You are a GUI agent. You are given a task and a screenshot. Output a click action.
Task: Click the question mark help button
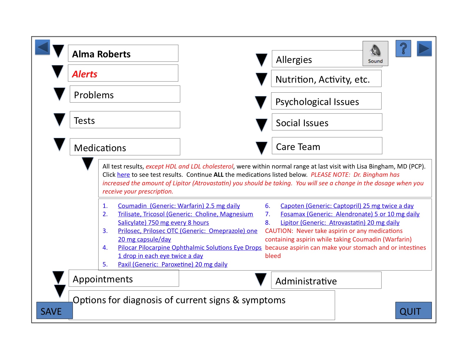(403, 49)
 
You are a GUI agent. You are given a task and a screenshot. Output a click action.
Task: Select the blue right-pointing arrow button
(424, 49)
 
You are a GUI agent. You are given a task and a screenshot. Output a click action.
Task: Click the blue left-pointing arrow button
(42, 47)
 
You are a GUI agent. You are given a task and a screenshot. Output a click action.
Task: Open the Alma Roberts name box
(123, 54)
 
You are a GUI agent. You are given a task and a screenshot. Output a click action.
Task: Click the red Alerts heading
(85, 74)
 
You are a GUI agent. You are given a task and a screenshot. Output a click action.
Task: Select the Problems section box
(125, 94)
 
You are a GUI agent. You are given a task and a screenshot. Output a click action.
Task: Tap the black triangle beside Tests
(59, 119)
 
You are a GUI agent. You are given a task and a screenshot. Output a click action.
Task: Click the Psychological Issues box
(326, 101)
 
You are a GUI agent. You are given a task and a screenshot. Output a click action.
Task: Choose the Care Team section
(327, 146)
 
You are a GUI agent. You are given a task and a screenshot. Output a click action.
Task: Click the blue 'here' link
(123, 175)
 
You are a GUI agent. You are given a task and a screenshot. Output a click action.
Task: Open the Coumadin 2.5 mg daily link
(179, 206)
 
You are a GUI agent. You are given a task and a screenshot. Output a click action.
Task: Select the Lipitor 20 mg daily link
(340, 223)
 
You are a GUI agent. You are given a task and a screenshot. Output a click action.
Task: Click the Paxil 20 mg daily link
(172, 264)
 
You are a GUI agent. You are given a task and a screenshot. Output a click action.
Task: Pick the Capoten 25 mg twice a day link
(347, 206)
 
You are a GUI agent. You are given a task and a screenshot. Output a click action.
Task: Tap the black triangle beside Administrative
(261, 279)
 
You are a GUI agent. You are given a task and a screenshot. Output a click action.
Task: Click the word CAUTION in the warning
(279, 231)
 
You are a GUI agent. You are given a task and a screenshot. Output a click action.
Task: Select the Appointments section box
(124, 279)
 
